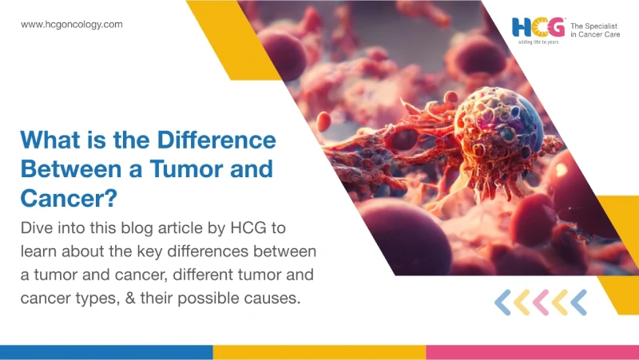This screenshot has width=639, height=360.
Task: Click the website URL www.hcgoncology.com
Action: coord(72,25)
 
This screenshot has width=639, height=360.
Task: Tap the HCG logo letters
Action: coord(538,27)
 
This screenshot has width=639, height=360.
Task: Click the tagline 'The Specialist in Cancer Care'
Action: coord(595,30)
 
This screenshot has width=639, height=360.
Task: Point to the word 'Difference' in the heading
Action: coord(216,140)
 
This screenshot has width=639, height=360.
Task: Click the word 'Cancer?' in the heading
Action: coord(69,198)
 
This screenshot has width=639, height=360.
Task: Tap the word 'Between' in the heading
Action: coord(71,168)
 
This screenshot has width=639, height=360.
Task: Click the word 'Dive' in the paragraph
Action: coord(36,227)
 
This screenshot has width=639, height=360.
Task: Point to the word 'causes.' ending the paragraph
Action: coord(272,299)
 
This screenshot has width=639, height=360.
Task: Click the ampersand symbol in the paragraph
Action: coord(130,298)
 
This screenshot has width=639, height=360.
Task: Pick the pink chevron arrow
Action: coord(541,303)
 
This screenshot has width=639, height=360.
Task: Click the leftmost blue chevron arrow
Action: coord(502,303)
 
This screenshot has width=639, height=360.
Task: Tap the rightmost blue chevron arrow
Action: coord(578,303)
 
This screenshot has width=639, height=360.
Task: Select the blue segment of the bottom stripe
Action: coord(106,352)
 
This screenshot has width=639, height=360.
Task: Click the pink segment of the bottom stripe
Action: coord(533,352)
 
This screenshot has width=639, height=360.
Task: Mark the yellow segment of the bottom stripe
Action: coord(319,352)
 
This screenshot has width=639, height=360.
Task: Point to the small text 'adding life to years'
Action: coord(538,42)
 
